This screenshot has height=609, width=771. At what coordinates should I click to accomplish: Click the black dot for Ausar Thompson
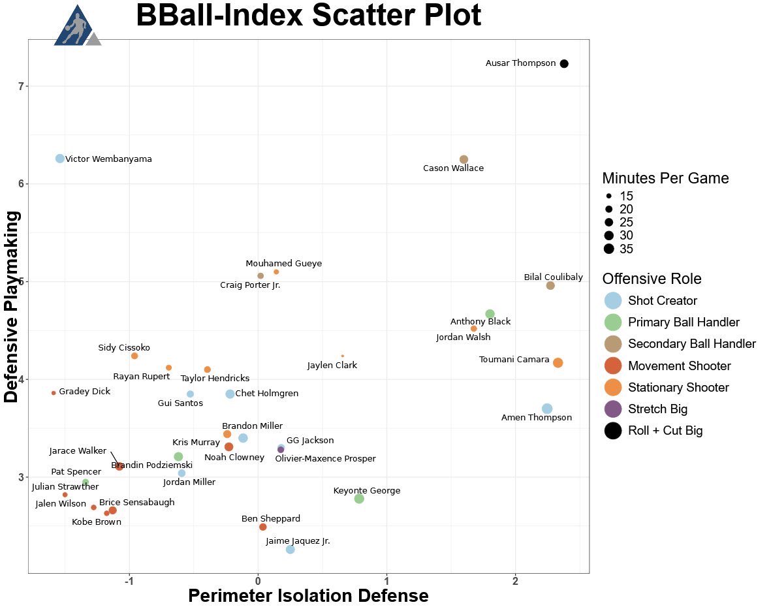(564, 63)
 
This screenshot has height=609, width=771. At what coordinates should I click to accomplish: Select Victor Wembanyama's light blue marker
(60, 158)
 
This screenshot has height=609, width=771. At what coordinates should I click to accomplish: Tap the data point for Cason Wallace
(464, 159)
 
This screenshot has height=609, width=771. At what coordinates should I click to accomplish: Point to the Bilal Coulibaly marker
(550, 286)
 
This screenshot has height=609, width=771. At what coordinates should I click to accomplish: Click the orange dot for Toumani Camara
(558, 363)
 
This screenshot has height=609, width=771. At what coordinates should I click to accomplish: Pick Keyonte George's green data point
(359, 499)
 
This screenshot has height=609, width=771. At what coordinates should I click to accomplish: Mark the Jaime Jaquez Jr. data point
(290, 549)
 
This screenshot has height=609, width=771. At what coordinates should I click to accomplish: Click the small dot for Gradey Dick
(54, 393)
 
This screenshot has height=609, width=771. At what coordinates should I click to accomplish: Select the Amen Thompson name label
(537, 417)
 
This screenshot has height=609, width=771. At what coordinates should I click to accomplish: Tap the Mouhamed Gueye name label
(284, 263)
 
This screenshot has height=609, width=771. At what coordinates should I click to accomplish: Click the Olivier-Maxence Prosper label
(325, 458)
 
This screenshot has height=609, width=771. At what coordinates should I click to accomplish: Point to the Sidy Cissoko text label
(124, 347)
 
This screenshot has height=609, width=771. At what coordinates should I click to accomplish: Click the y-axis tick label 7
(21, 87)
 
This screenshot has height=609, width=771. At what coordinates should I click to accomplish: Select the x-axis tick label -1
(129, 581)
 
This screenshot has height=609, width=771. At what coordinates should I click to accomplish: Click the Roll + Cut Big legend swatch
(613, 431)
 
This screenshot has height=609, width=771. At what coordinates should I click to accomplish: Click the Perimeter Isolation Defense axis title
(308, 595)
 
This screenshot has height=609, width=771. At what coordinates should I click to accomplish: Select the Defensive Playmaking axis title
(11, 307)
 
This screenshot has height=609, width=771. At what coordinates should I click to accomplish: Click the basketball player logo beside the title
(77, 25)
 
